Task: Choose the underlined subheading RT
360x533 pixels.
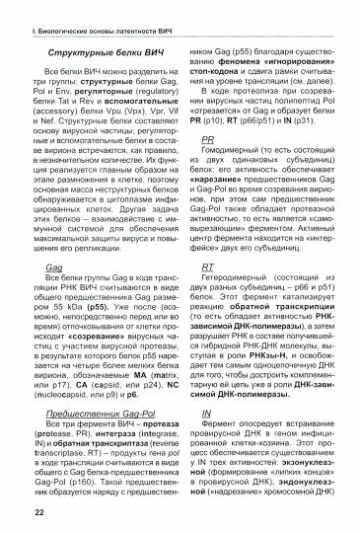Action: pyautogui.click(x=207, y=267)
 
